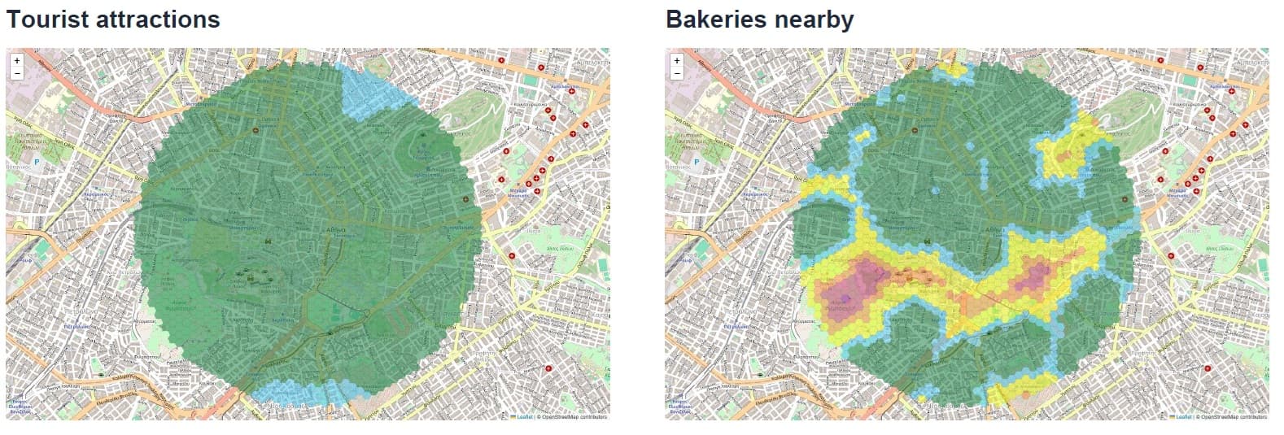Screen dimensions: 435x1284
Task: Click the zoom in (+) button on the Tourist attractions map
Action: [x=17, y=60]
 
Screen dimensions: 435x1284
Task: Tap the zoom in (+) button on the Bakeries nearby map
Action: [x=676, y=60]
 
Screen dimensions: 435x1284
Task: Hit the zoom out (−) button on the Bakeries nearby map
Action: [x=676, y=73]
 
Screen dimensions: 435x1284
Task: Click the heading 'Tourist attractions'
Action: [x=113, y=19]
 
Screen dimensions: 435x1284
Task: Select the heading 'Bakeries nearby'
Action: [x=759, y=19]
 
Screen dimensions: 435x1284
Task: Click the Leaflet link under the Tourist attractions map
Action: [x=524, y=417]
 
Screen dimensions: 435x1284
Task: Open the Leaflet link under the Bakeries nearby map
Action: [x=1183, y=417]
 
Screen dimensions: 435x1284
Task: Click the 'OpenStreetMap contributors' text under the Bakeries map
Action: [x=1234, y=417]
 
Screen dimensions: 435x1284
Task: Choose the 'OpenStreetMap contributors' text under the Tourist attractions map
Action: [x=574, y=417]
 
